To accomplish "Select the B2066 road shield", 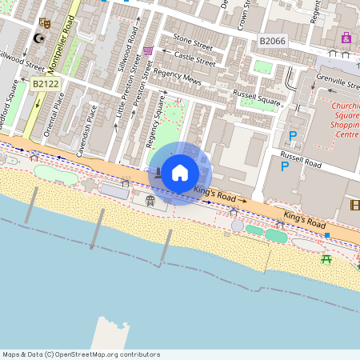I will point(271,40).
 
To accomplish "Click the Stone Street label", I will point(193,38).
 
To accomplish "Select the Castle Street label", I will point(195,58).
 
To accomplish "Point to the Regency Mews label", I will point(179,82).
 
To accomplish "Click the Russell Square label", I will point(257,98).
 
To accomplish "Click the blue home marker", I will point(180,173).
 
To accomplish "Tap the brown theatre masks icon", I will point(45,24).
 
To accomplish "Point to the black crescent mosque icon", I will point(37,38).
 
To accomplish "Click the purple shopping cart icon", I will point(148,50).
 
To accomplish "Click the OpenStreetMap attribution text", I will point(81,354).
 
